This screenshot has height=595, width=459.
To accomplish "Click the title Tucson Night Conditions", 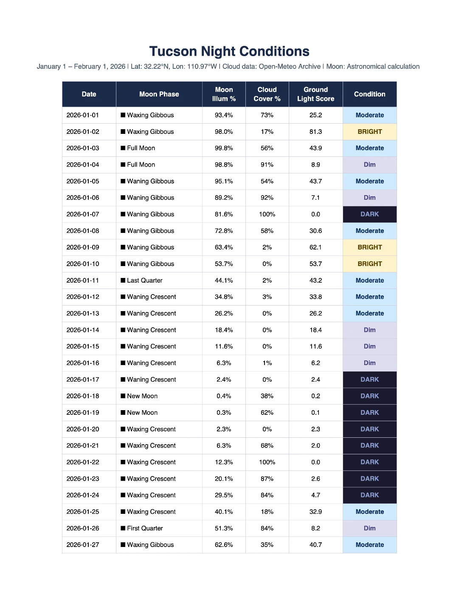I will pos(229,51).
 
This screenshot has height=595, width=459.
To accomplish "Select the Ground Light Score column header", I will pos(315,94).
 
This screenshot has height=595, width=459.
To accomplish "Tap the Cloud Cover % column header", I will pos(267,94).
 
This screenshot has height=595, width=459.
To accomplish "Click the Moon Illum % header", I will pos(224,94).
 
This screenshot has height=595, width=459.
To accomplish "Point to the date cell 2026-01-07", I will pos(83,214).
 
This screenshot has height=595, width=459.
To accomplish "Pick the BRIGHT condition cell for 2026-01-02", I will pos(369,132).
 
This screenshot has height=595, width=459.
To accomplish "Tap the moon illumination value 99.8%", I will pos(224,148).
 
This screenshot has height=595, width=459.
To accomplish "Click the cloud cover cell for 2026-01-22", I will pos(267,462).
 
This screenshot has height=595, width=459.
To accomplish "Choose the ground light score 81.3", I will pos(315,132).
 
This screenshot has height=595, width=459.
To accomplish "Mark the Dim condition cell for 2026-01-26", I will pos(369,528).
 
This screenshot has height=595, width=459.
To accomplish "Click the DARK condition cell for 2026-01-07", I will pos(369,214).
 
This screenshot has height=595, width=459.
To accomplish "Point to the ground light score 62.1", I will pos(315,247).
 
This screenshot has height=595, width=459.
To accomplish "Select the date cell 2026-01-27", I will pos(83,545).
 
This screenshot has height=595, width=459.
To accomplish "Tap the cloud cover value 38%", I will pos(267,396).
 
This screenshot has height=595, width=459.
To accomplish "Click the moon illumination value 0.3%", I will pos(224,413).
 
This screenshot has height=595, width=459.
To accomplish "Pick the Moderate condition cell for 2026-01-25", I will pos(369,512).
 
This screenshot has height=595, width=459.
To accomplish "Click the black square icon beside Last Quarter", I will pos(123,280).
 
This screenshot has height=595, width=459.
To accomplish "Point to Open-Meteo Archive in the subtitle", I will pos(290,67).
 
